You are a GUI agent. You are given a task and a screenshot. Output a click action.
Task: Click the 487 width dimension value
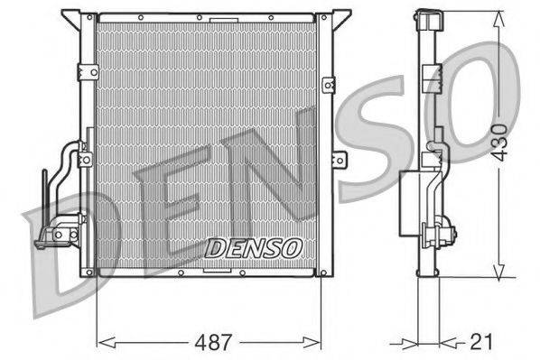215,343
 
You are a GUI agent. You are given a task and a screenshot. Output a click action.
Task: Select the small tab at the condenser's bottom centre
217,269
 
